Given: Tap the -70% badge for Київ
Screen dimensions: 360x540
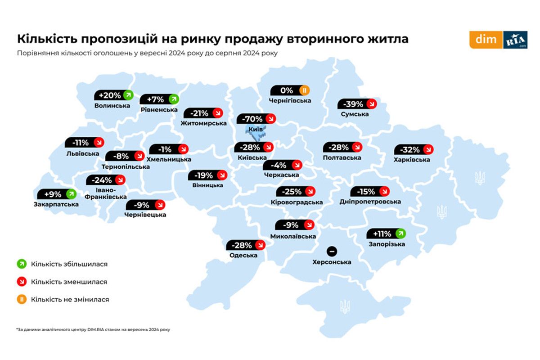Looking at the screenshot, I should tap(256, 119).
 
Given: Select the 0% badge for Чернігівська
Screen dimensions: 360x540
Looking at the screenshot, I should tap(291, 90).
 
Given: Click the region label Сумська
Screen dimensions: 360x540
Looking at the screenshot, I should tap(355, 114).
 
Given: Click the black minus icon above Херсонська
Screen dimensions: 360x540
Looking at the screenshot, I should tap(333, 251).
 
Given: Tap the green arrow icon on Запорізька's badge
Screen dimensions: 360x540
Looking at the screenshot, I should tap(400, 234).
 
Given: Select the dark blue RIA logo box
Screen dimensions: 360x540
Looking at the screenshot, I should tap(515, 40).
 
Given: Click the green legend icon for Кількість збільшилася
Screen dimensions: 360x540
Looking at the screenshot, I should tap(21, 264).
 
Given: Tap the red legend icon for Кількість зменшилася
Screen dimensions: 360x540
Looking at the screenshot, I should tap(21, 282).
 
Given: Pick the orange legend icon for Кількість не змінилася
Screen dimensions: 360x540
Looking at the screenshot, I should tap(21, 299).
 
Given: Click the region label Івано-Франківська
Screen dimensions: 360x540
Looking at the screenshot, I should tap(106, 193).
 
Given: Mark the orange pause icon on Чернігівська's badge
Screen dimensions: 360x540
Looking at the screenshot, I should tap(304, 90).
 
